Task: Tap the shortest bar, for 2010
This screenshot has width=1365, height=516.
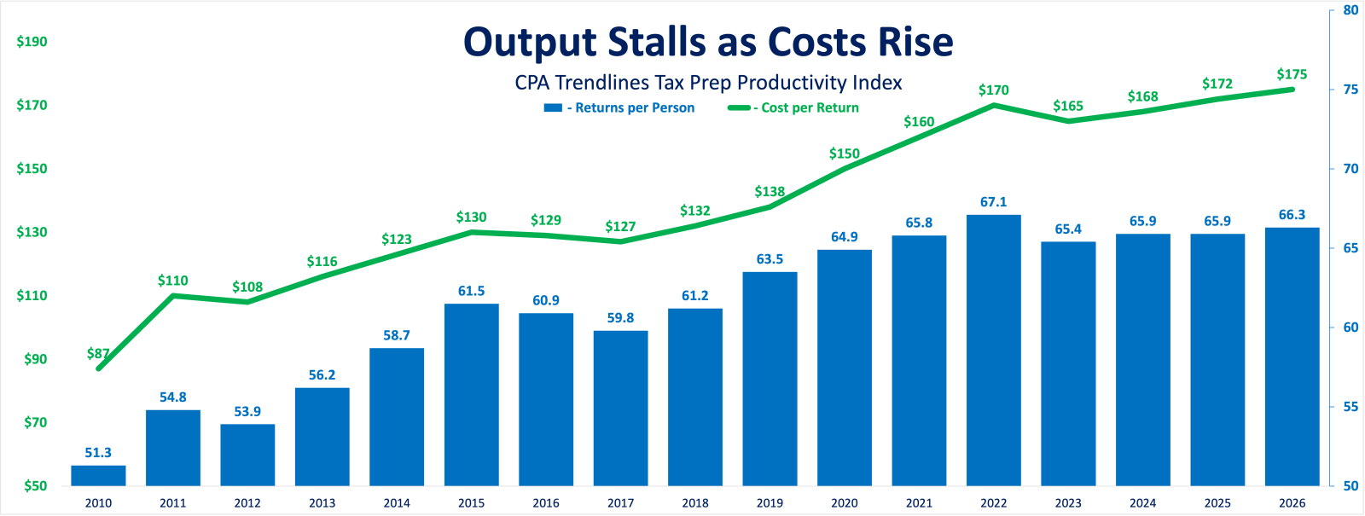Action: point(98,475)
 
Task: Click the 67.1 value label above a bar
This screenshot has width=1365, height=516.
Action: point(993,202)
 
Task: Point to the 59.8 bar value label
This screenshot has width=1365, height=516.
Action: point(620,318)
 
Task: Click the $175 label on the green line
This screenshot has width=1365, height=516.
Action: point(1292,74)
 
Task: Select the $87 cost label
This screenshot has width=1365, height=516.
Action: point(98,353)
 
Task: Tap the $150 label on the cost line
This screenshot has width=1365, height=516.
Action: point(844,154)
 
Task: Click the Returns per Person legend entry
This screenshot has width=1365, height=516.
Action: point(620,107)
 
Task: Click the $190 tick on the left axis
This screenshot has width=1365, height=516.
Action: point(32,42)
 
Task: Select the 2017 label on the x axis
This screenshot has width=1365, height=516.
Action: point(620,503)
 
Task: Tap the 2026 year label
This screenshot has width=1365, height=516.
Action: point(1292,503)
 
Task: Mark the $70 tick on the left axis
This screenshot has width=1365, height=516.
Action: point(35,422)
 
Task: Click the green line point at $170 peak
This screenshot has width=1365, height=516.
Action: point(993,105)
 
